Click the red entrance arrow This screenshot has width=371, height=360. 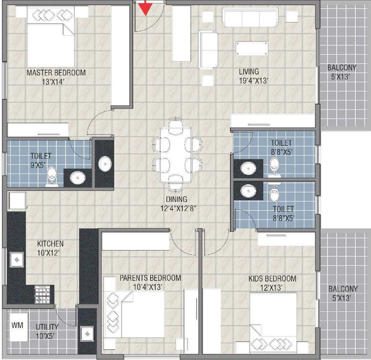[x=146, y=8]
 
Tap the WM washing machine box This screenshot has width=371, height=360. [x=17, y=324]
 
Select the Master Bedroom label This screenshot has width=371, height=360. [x=56, y=73]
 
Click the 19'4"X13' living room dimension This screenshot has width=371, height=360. [x=253, y=81]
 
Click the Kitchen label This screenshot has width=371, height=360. [x=51, y=244]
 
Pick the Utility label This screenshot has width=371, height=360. [x=47, y=326]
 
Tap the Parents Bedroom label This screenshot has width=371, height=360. [x=150, y=278]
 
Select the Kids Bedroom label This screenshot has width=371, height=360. [x=272, y=278]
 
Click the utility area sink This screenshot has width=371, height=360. [x=87, y=333]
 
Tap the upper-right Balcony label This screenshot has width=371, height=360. [x=341, y=67]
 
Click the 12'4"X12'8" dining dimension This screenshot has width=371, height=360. [x=178, y=208]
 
